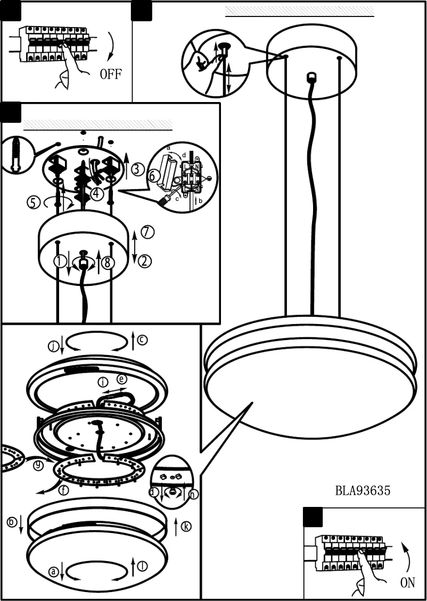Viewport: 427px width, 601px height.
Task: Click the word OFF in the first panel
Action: (110, 73)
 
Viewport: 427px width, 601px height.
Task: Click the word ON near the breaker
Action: (407, 582)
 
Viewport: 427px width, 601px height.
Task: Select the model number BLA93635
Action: (363, 490)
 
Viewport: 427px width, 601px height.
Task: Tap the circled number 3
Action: (137, 170)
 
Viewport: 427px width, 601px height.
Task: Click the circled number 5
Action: (34, 202)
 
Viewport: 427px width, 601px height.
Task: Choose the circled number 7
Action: (147, 232)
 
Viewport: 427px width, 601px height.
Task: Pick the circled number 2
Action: (145, 261)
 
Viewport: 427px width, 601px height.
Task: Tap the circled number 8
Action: (108, 263)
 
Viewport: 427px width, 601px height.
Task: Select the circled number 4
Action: (96, 194)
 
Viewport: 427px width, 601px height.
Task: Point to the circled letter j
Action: (53, 346)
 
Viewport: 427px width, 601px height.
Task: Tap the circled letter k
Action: (185, 526)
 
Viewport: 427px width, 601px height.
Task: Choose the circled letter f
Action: (63, 490)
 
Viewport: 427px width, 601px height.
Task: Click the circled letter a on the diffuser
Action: (53, 572)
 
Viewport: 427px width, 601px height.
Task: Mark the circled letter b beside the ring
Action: (12, 522)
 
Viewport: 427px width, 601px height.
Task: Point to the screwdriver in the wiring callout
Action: (165, 200)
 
